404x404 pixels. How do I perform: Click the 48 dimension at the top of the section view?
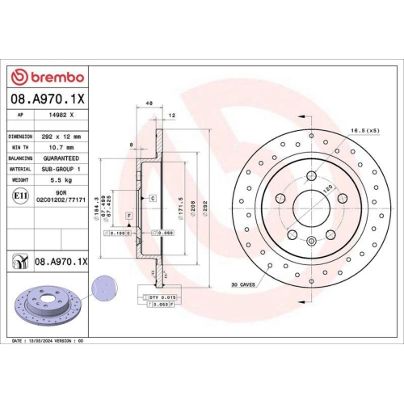(149, 104)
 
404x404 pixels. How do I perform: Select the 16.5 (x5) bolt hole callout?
(364, 129)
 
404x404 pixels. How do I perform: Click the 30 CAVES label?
(242, 284)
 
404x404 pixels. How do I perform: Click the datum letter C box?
(151, 197)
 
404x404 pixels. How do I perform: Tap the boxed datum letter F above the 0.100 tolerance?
(128, 217)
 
